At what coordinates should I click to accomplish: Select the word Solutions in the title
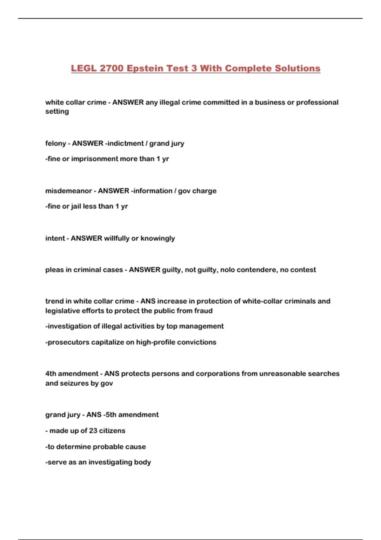tap(297, 68)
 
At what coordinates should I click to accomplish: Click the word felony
tap(56, 143)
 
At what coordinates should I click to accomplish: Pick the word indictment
tap(125, 143)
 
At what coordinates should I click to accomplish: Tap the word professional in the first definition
tap(317, 102)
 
